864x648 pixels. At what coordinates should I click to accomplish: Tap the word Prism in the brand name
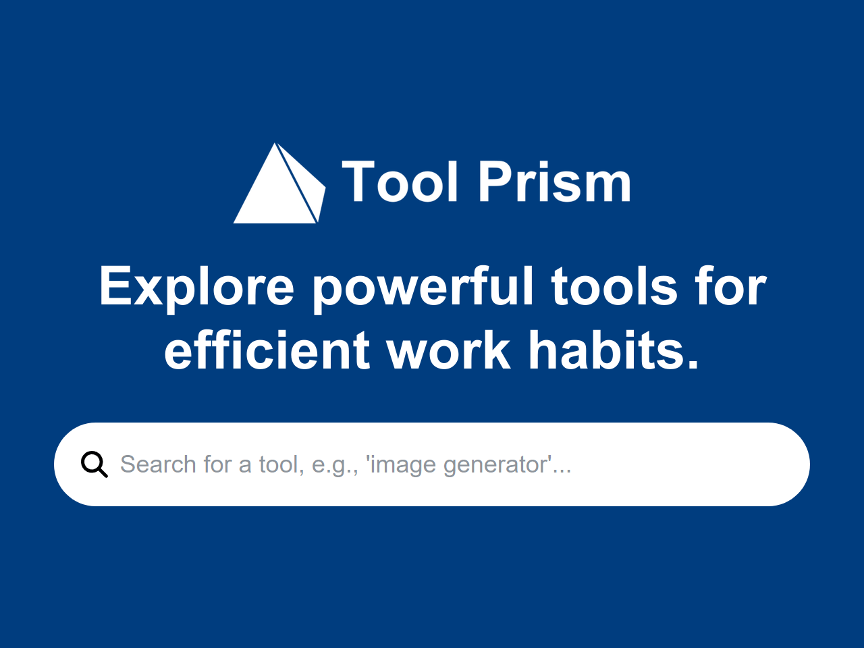[x=555, y=182]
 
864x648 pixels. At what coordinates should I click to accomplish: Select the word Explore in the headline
[x=196, y=287]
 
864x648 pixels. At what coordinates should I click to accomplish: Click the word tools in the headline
[x=614, y=287]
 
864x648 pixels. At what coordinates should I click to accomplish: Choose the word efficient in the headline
[x=267, y=351]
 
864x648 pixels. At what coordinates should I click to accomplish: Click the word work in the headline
[x=448, y=351]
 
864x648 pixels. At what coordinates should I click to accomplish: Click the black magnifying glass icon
[x=94, y=464]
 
